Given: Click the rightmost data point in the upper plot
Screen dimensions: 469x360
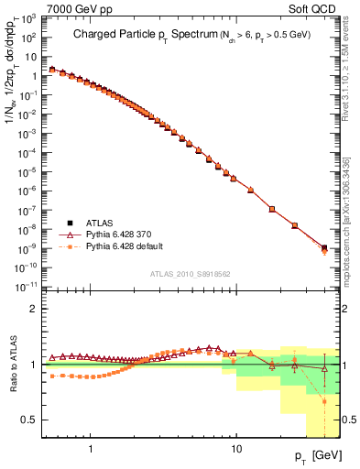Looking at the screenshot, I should coord(324,247).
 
